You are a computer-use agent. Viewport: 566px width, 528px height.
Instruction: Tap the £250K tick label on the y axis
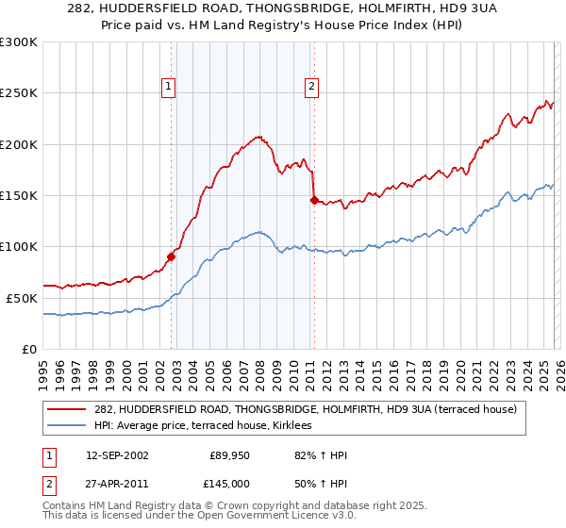(x=19, y=93)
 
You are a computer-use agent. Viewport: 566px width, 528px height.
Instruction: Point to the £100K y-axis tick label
(x=19, y=247)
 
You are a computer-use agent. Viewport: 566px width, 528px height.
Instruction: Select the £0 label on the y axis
(x=30, y=349)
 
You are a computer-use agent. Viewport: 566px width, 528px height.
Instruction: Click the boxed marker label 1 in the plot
(x=169, y=87)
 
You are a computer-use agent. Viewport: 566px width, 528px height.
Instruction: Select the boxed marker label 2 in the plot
(x=311, y=87)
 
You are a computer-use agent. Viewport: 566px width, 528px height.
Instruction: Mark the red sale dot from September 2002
(x=172, y=256)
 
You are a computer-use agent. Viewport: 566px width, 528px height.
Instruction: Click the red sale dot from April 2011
(x=314, y=200)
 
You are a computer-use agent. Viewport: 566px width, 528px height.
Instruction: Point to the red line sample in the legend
(x=66, y=410)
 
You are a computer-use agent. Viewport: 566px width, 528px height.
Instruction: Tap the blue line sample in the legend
(x=66, y=426)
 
